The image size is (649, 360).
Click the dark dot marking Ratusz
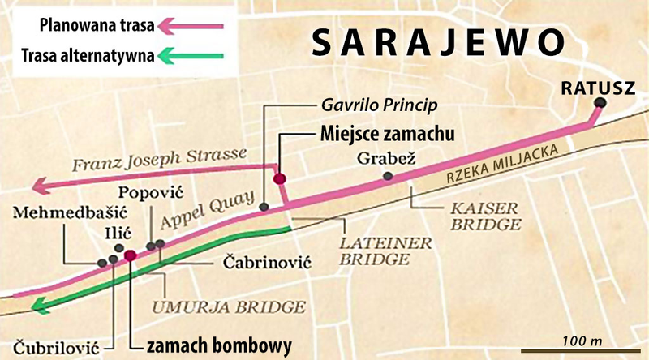click(600, 103)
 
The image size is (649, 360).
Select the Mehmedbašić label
click(55, 212)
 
